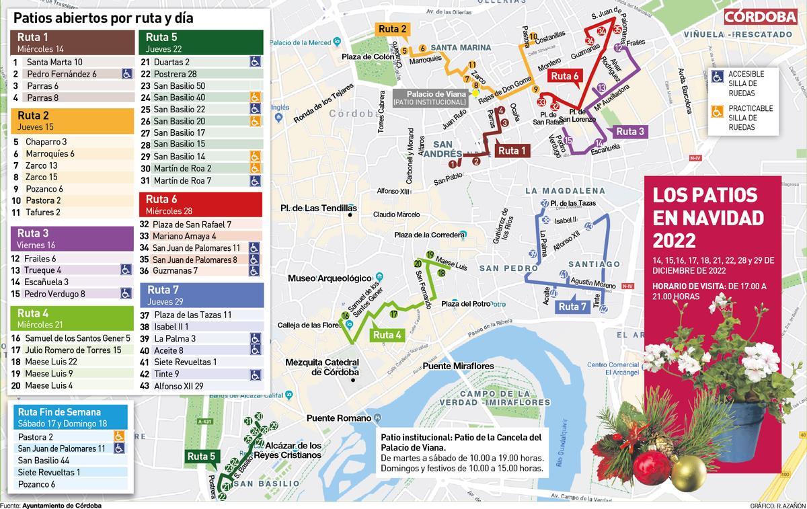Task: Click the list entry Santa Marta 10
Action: [54, 62]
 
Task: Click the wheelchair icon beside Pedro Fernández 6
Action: [126, 74]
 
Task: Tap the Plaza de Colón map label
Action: [368, 56]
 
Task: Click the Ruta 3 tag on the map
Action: [629, 132]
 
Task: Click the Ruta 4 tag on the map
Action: [387, 334]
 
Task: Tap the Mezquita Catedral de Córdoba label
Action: [322, 367]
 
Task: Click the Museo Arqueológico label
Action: [330, 278]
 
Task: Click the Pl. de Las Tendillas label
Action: [318, 208]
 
